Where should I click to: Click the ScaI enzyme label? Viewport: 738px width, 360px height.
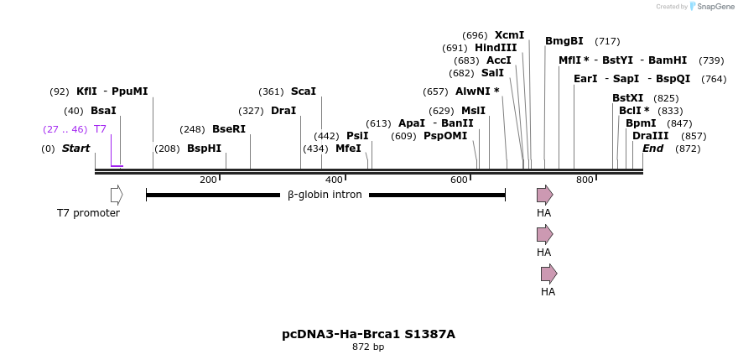point(304,91)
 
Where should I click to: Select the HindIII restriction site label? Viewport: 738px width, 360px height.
point(496,48)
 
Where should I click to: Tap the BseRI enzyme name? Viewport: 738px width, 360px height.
point(229,129)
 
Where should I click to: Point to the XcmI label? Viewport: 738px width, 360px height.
point(509,35)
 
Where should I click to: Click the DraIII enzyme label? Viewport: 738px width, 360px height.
point(651,136)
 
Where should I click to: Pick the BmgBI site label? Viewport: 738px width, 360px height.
point(564,41)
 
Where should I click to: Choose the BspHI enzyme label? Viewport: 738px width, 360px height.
point(204,149)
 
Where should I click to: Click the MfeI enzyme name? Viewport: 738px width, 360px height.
point(348,149)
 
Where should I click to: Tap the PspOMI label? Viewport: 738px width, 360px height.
point(445,136)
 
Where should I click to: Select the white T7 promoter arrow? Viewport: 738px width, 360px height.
point(117,195)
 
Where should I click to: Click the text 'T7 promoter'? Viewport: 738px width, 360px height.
point(88,213)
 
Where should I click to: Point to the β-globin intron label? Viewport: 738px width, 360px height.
point(325,195)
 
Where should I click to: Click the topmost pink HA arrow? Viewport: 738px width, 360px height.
point(545,195)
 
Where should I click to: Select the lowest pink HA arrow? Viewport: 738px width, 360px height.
point(548,273)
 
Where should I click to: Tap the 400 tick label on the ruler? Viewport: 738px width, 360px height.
point(334,180)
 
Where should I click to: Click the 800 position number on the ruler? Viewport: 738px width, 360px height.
point(585,180)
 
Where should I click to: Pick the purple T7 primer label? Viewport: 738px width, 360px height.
point(100,129)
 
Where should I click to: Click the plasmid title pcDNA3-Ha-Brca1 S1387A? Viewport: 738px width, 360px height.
point(368,334)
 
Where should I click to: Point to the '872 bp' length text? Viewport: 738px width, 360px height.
point(368,347)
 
